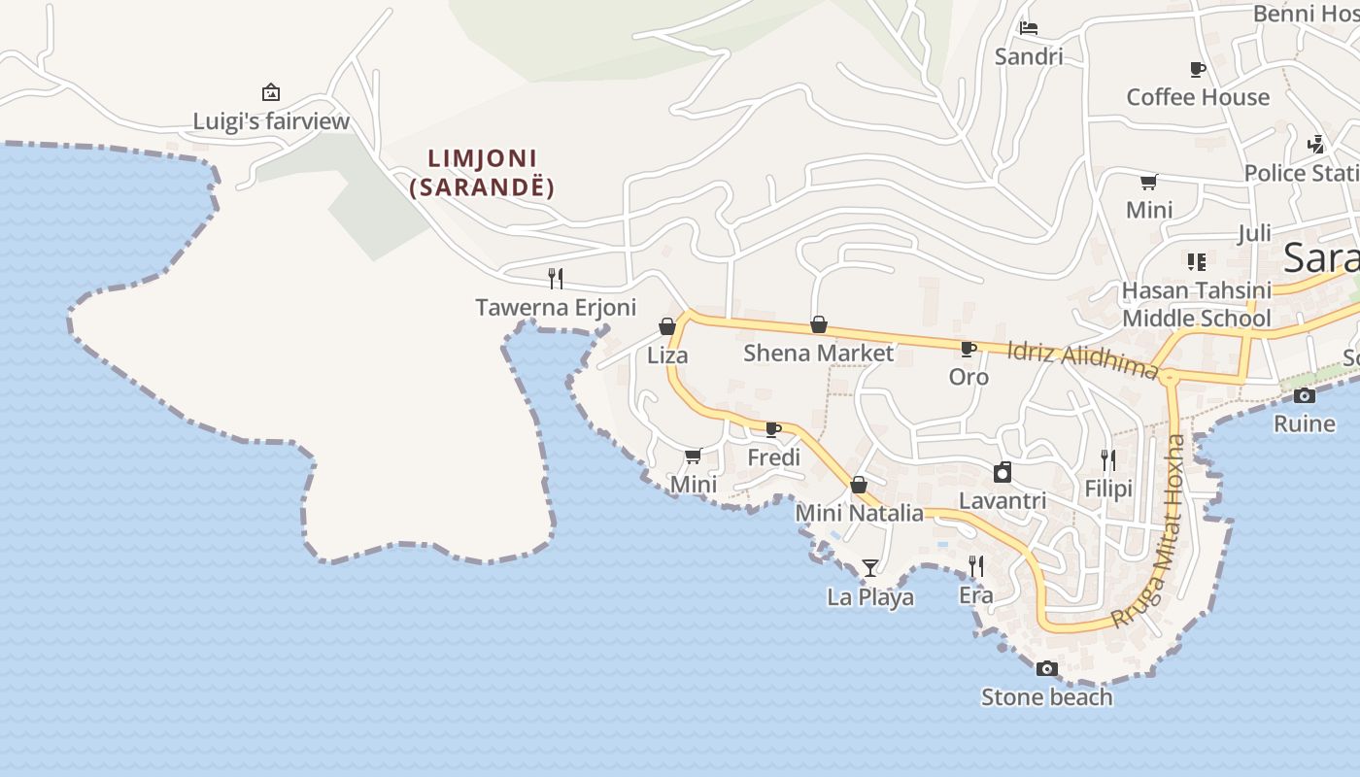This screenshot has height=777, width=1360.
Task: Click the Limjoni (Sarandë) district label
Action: [483, 173]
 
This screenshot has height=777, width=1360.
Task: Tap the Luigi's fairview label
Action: [271, 121]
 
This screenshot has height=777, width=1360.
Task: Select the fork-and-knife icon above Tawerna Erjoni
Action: [556, 279]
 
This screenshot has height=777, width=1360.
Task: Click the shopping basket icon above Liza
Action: [667, 326]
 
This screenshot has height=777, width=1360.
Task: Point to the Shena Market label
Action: [818, 353]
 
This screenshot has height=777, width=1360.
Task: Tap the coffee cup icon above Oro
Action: [968, 349]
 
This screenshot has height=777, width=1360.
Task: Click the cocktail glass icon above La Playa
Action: [870, 567]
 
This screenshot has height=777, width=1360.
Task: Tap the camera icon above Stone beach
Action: [1046, 668]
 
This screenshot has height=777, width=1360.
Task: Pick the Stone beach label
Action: [1046, 697]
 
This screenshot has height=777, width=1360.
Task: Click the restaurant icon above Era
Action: [976, 565]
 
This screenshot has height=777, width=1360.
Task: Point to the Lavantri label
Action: [1003, 501]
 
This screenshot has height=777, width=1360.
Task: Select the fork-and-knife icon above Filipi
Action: [1108, 459]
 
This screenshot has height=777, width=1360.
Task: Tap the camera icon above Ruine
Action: [1305, 395]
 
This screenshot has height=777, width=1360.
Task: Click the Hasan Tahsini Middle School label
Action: [1196, 304]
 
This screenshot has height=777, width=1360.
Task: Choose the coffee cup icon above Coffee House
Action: [1197, 69]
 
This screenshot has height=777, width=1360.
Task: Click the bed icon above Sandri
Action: [1029, 28]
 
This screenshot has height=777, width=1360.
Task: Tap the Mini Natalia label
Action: [860, 513]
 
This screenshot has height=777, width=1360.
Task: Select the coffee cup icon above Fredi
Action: [773, 429]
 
